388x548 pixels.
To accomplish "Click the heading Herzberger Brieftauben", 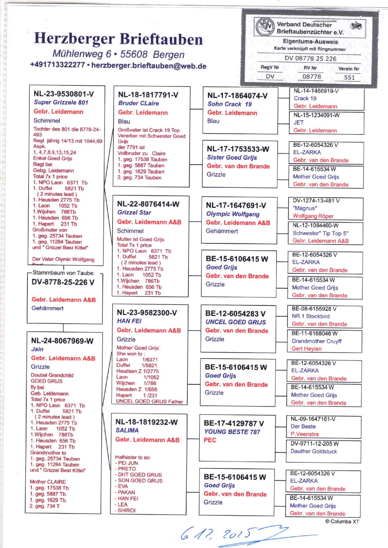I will (x=118, y=39).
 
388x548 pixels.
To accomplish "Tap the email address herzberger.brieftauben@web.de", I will (x=149, y=66).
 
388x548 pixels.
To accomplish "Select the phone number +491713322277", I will (x=58, y=65).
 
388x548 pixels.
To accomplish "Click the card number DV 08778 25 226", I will (x=310, y=58).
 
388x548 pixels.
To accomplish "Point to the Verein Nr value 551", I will (x=349, y=77).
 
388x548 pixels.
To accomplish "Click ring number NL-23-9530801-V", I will (x=63, y=94).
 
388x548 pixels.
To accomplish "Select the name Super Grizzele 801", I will (x=61, y=103).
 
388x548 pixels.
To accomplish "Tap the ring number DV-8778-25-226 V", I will (x=63, y=282).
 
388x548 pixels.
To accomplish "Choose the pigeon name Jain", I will (x=37, y=349).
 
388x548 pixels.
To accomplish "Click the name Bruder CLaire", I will (x=138, y=103).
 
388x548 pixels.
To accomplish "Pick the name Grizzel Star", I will (x=134, y=213).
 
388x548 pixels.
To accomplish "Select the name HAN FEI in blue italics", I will (x=129, y=321).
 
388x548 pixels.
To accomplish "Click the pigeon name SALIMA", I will (x=127, y=430).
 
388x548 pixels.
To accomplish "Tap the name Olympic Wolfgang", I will (x=233, y=214).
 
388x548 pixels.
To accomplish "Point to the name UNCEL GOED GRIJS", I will (x=235, y=322).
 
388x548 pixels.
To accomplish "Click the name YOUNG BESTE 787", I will (x=232, y=432).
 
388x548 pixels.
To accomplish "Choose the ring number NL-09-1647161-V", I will (x=313, y=419).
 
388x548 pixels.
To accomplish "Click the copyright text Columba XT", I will (x=342, y=522).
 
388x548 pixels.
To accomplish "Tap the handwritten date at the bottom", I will (x=220, y=534).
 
